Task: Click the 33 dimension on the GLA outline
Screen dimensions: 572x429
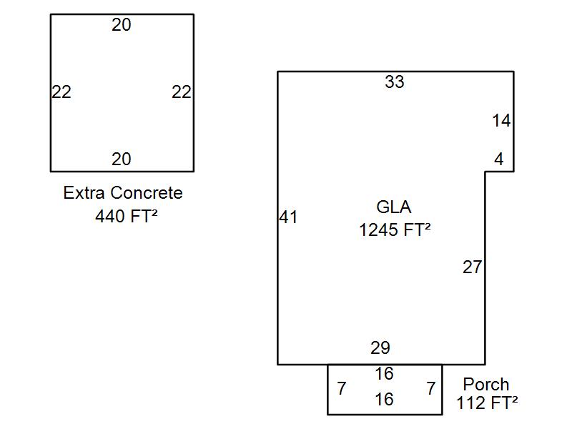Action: pos(395,82)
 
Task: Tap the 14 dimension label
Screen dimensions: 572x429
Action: pos(501,121)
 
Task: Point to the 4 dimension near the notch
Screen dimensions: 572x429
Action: pos(499,159)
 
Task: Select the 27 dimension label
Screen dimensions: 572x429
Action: pos(473,267)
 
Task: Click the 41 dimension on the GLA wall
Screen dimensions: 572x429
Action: pos(288,217)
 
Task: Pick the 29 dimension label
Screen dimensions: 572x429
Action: pos(380,347)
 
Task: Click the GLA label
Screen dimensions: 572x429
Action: pos(394,207)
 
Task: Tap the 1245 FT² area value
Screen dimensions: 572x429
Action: pos(395,230)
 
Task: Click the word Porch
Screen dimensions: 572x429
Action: pos(486,384)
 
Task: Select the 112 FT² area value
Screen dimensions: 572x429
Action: pos(487,403)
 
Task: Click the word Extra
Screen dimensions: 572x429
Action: pos(84,192)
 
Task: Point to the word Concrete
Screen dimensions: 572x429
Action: pos(147,192)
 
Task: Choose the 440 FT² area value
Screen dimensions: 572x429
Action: pos(127,216)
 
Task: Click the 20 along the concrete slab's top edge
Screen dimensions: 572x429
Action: pos(121,25)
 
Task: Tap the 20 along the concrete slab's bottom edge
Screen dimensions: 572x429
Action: pos(121,159)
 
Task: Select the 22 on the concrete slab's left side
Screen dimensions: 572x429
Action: pos(61,92)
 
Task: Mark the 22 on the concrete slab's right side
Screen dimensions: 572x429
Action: pos(182,92)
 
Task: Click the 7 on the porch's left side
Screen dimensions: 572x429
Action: pos(341,388)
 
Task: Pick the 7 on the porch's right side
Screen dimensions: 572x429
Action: pos(431,388)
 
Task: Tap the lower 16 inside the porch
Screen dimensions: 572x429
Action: pos(384,400)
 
